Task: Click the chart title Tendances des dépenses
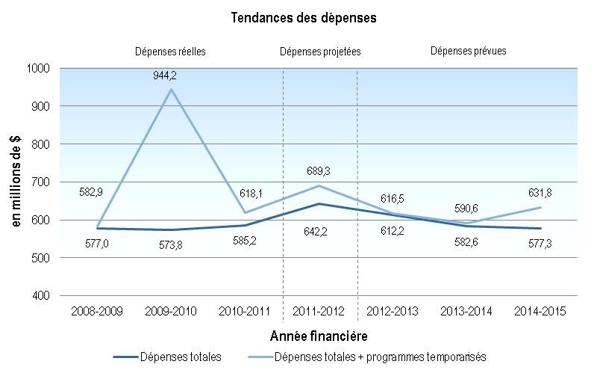pos(297,16)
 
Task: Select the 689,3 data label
pos(319,171)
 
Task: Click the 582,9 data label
pos(91,192)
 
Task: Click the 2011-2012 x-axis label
pos(319,310)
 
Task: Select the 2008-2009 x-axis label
pos(97,310)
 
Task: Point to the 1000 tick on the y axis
pos(40,68)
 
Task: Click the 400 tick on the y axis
pos(42,296)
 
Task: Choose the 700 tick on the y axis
pos(42,182)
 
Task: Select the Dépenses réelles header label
pos(170,52)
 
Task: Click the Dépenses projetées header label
pos(319,52)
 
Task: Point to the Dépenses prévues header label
pos(469,52)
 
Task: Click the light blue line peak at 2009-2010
pos(172,90)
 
